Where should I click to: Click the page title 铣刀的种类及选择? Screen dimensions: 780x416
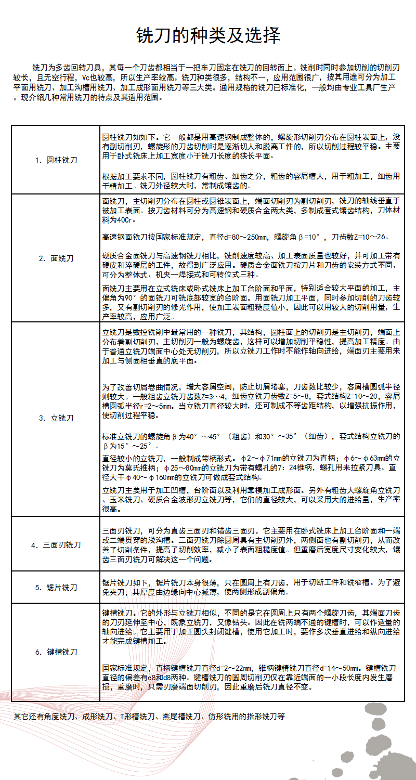pos(208,35)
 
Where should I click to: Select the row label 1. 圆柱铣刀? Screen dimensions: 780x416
pos(56,160)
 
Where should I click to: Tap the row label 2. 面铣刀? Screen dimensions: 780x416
pos(56,258)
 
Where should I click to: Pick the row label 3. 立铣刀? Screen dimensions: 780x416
pos(56,418)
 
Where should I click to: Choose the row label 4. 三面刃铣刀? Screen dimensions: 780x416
pos(56,545)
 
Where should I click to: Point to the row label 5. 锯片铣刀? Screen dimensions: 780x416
pos(56,587)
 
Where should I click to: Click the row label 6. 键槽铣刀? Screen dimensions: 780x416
pos(56,652)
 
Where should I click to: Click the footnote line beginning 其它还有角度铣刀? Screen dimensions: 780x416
pos(149,716)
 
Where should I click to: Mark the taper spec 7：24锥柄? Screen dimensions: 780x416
pos(288,467)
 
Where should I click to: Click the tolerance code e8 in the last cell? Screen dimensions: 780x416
pos(150,678)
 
